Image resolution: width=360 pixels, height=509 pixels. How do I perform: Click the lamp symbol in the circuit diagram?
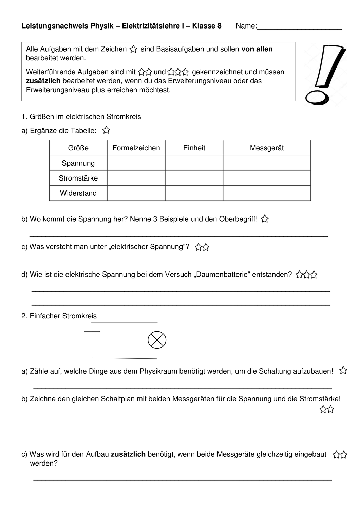157,340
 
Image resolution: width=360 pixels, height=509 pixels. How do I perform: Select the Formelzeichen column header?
136,148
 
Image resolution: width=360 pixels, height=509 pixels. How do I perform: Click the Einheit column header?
194,148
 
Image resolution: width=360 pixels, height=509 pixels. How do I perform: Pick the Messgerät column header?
267,148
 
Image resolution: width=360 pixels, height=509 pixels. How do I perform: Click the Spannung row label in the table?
78,163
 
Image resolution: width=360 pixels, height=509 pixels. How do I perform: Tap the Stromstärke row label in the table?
78,178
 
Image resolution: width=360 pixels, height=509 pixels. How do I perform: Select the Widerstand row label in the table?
78,193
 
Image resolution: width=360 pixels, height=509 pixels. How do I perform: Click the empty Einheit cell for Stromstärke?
194,178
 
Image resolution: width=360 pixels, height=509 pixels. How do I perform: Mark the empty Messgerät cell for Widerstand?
267,193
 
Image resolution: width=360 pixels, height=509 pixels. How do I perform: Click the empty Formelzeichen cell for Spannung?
136,163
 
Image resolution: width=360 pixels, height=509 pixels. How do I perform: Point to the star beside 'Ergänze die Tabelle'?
106,130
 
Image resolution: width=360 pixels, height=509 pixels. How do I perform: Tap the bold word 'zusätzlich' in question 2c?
128,454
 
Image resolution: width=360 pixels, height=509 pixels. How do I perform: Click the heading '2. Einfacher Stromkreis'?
59,316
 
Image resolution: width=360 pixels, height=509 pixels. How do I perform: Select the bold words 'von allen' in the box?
257,49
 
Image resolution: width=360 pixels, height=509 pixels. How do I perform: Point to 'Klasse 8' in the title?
207,26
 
